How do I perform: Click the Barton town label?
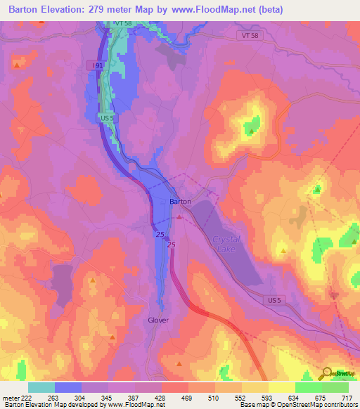click(180, 201)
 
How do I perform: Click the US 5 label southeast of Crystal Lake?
click(274, 300)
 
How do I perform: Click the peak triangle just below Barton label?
click(179, 216)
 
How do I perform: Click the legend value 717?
click(347, 397)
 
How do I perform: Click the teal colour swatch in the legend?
click(41, 387)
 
